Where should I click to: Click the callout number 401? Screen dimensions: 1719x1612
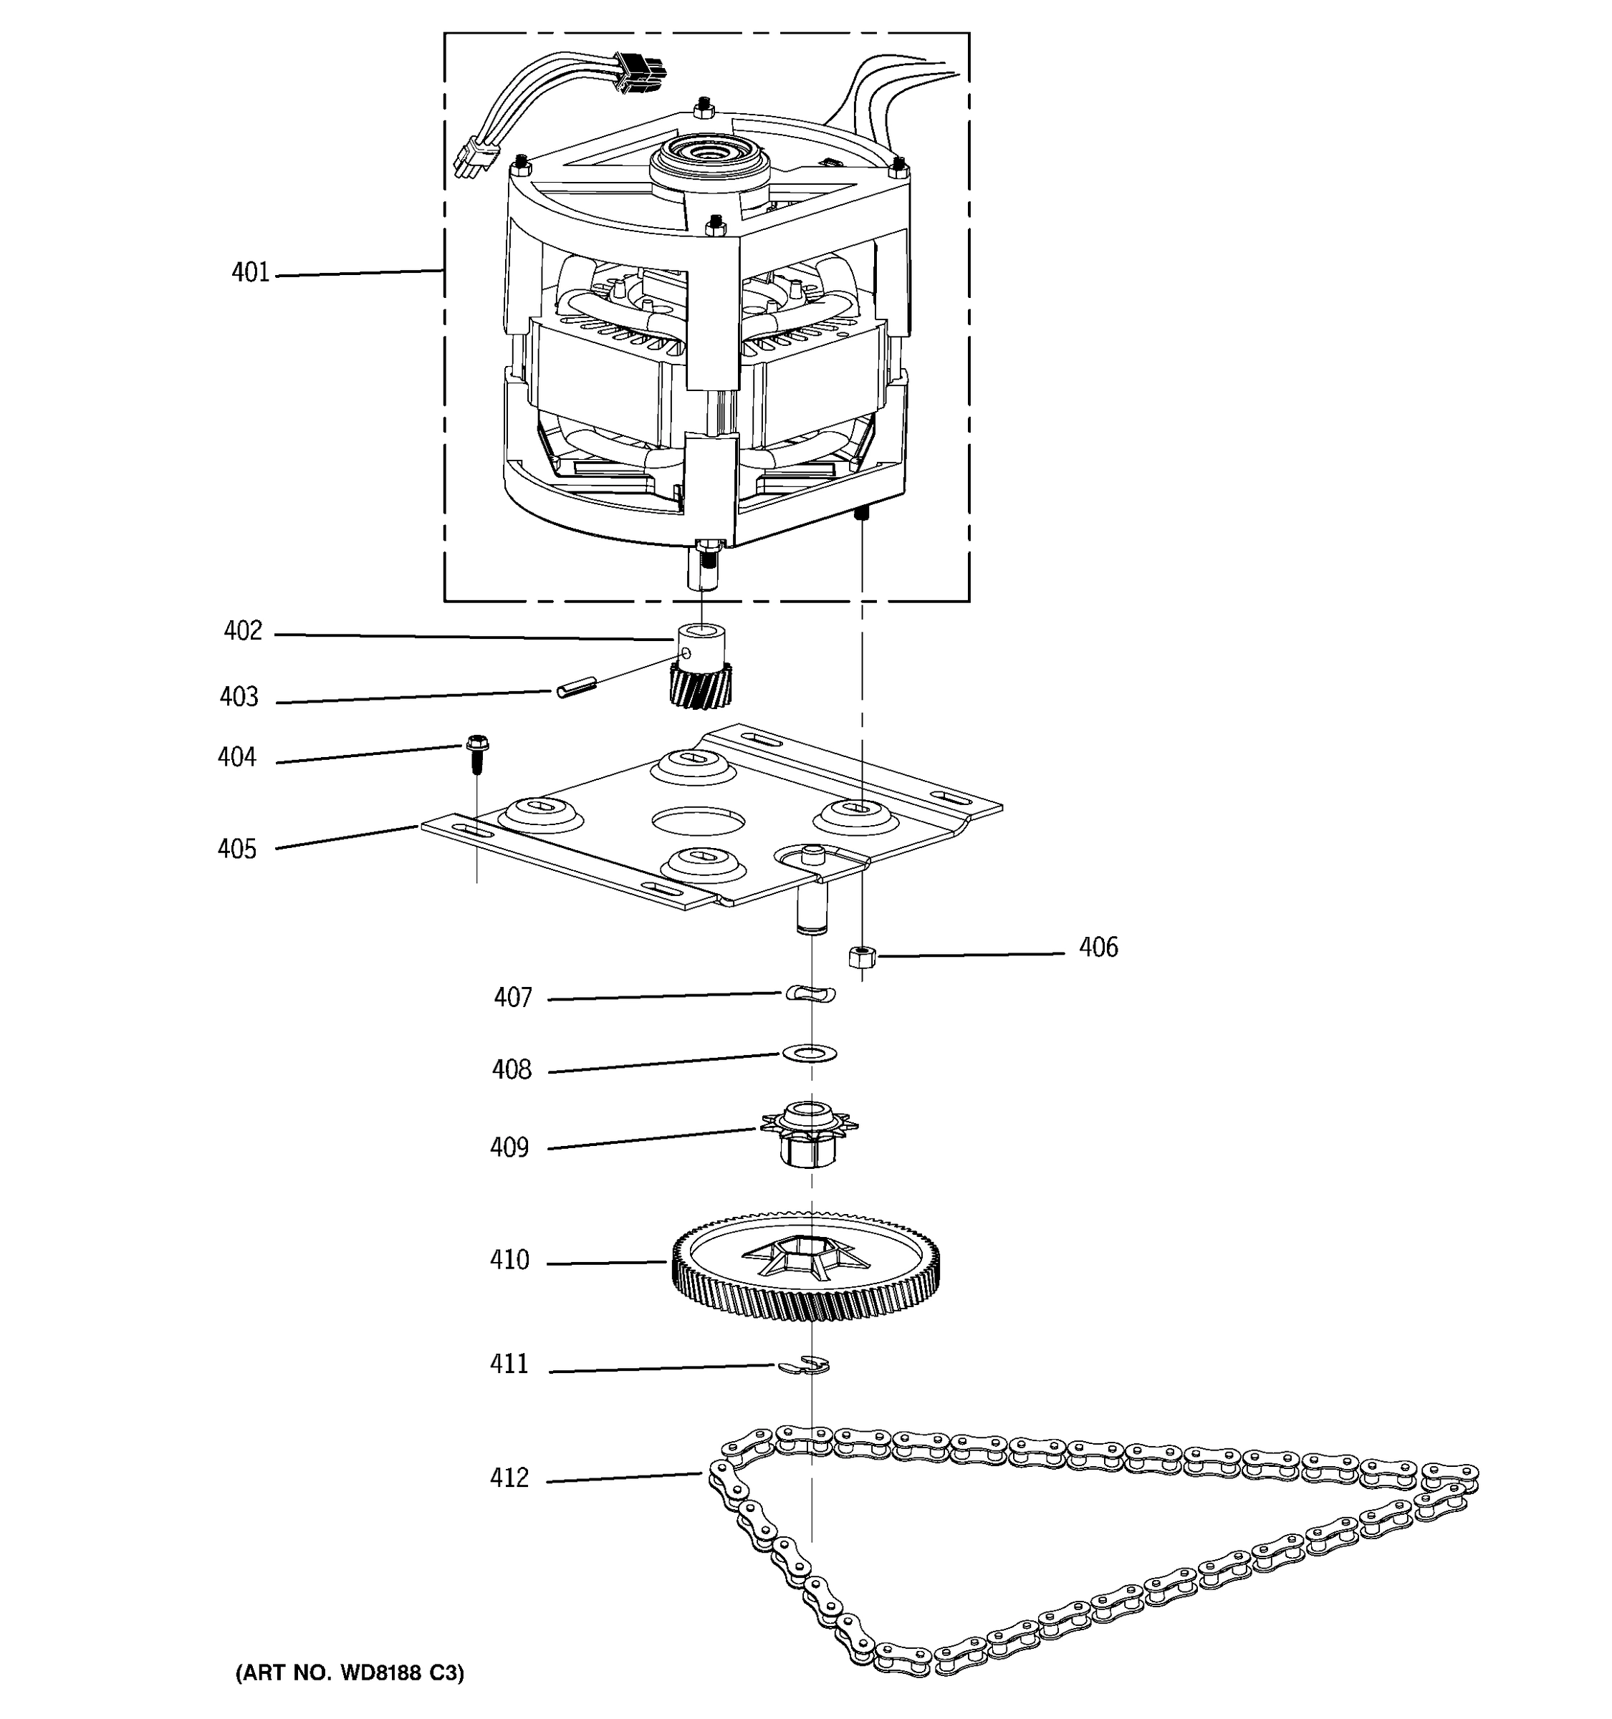tap(250, 273)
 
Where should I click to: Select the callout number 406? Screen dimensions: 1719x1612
tap(1098, 948)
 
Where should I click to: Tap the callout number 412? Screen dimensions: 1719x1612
tap(509, 1478)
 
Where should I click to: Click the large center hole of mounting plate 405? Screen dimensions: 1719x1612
tap(698, 821)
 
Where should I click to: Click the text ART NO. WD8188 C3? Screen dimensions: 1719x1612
tap(350, 1673)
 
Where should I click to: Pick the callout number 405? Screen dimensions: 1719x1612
tap(237, 849)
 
